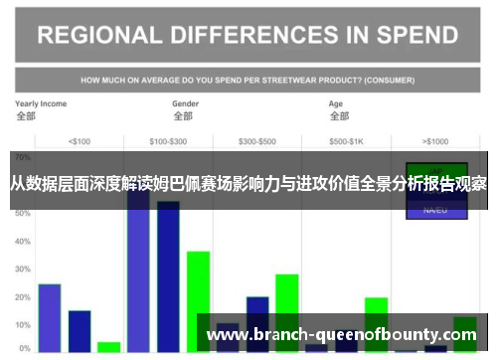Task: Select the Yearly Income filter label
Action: pos(41,103)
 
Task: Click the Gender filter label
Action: pos(186,103)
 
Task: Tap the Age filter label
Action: pos(336,103)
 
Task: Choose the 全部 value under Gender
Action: pos(183,116)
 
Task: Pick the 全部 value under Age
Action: pos(339,116)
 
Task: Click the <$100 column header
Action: pos(79,140)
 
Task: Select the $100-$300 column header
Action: pos(167,140)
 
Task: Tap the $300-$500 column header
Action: pos(258,140)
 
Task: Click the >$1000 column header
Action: pos(435,140)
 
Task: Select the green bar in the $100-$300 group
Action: pos(198,298)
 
